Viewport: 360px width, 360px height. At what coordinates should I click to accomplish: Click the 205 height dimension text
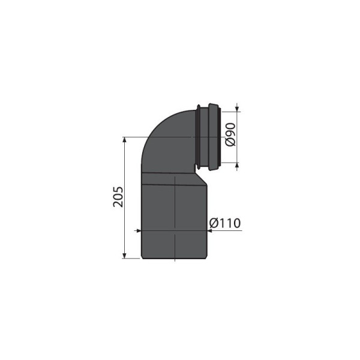click(x=118, y=197)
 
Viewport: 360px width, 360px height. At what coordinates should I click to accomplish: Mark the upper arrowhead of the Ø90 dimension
click(x=237, y=108)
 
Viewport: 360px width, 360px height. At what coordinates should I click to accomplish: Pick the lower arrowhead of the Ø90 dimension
click(x=237, y=164)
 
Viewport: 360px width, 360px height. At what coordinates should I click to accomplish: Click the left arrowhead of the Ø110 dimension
click(x=137, y=231)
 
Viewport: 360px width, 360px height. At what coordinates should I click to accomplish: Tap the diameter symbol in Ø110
click(x=214, y=224)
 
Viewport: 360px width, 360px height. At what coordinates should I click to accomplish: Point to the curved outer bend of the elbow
click(x=155, y=127)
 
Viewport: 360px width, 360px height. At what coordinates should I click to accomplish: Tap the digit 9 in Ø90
click(x=230, y=135)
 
